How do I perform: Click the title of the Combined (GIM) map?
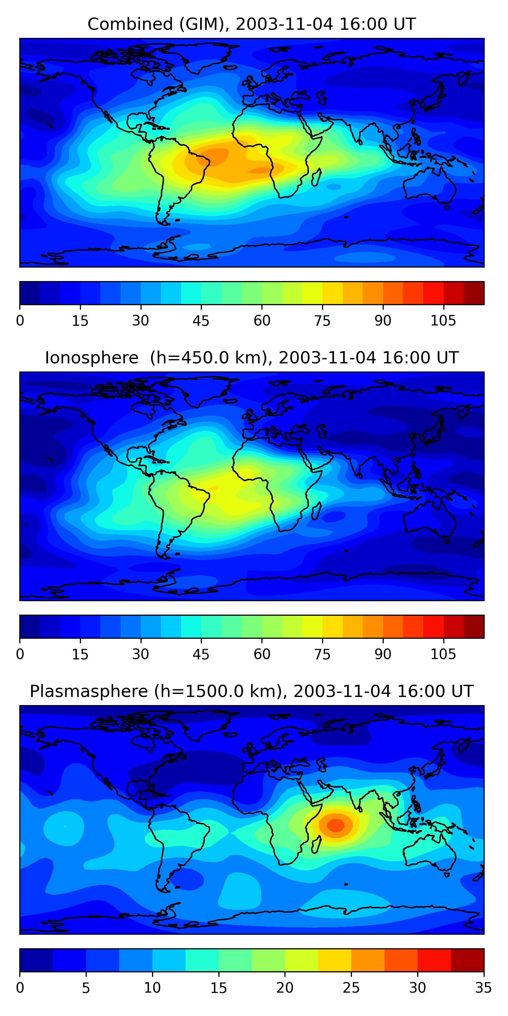point(251,24)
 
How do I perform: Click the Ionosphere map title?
point(251,358)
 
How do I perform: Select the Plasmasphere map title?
point(251,692)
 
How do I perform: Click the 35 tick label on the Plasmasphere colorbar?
point(483,988)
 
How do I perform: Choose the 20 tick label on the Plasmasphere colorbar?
point(284,988)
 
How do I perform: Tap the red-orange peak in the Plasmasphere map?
point(336,825)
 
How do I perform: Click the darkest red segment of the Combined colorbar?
point(474,293)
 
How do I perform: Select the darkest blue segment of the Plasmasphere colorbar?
point(36,960)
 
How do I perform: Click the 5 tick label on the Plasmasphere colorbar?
point(86,988)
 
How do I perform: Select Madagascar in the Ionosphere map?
point(316,511)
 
